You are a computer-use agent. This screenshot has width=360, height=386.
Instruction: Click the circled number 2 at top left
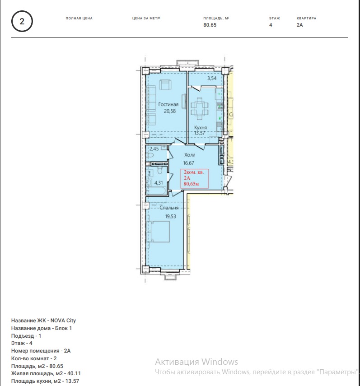point(22,21)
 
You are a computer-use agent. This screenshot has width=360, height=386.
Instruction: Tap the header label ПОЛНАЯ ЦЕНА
point(79,18)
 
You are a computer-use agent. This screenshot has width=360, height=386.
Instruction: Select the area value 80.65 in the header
point(210,25)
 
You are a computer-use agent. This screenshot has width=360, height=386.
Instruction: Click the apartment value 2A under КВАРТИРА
point(299,25)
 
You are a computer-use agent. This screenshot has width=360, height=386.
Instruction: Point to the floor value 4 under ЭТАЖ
point(271,25)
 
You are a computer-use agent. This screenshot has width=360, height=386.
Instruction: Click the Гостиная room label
point(168,104)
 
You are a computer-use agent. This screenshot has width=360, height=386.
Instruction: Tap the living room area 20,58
point(170,111)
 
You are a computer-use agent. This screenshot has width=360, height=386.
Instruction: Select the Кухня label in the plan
point(201,127)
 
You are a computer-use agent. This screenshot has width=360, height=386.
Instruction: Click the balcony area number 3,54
point(212,78)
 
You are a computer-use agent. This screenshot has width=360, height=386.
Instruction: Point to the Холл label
point(190,155)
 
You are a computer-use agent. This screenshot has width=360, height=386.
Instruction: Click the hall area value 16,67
point(189,163)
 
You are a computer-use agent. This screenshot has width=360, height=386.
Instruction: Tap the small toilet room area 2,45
point(154,149)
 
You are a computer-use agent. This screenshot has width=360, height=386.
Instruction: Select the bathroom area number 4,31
point(159,183)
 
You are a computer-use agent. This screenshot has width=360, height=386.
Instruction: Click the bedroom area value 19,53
point(171,216)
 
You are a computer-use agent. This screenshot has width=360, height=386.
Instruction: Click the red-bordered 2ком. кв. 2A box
point(195,178)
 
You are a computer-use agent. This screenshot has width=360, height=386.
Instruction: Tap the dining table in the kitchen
point(200,107)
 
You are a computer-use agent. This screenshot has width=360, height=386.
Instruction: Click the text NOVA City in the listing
point(63,321)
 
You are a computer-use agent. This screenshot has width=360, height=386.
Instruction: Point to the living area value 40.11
point(74,373)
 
